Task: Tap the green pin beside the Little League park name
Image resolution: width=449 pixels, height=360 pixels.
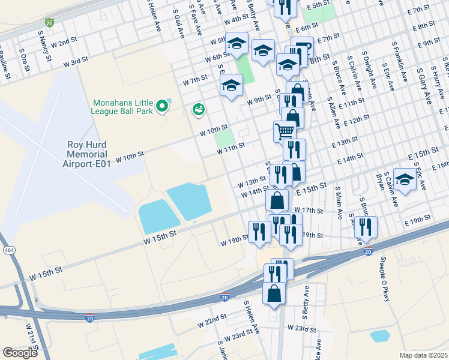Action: click(x=161, y=107)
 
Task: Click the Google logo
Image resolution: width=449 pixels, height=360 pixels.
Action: click(x=20, y=353)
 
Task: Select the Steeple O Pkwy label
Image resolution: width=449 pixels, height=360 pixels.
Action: click(x=385, y=279)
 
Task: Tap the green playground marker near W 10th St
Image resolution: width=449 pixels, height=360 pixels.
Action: click(x=197, y=110)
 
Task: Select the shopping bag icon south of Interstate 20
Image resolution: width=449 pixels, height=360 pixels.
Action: click(x=274, y=294)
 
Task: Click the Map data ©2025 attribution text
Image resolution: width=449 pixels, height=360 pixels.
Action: click(x=423, y=355)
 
